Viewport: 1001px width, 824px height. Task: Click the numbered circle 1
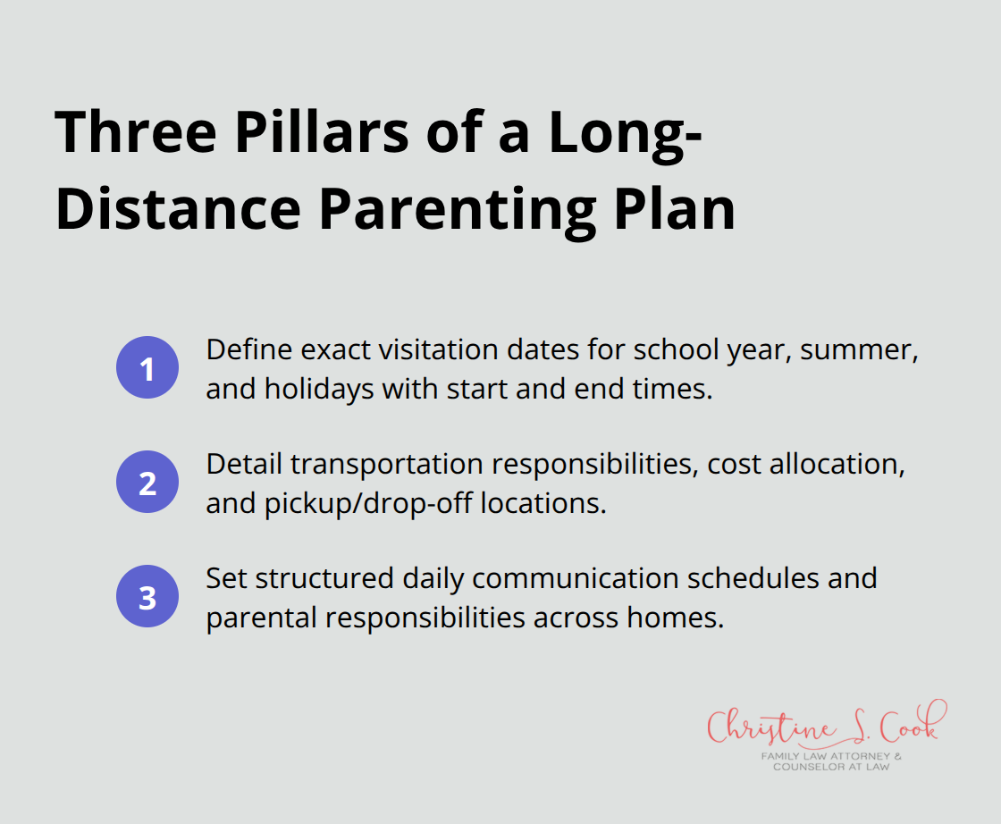pos(147,369)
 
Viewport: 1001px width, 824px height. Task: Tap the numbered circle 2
pos(147,483)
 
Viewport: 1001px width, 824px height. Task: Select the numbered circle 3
pos(147,598)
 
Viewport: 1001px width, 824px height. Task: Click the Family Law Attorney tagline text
pos(831,756)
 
